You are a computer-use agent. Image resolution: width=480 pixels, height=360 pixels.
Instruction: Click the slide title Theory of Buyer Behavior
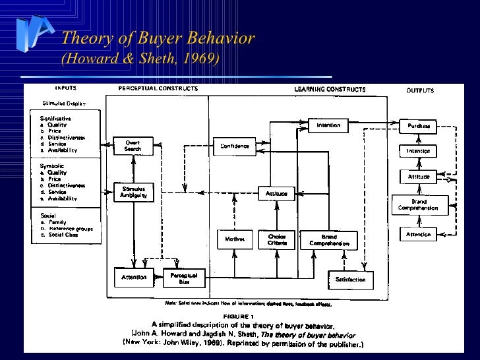pyautogui.click(x=158, y=38)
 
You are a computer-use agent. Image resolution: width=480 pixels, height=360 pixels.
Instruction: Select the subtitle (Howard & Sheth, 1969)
pyautogui.click(x=140, y=59)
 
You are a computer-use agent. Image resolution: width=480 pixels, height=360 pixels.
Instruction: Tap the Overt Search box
pyautogui.click(x=133, y=146)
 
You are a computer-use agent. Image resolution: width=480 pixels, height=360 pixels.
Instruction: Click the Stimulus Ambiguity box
pyautogui.click(x=133, y=192)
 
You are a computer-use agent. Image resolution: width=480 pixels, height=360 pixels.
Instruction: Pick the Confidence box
pyautogui.click(x=234, y=146)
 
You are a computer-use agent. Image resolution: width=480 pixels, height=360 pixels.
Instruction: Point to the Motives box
pyautogui.click(x=234, y=239)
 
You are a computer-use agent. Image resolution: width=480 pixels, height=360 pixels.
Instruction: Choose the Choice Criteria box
pyautogui.click(x=276, y=239)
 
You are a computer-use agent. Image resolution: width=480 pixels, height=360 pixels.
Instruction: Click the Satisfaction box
pyautogui.click(x=350, y=280)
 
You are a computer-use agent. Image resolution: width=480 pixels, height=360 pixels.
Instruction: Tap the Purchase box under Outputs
pyautogui.click(x=418, y=125)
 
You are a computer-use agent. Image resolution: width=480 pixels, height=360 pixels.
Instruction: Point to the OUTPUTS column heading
pyautogui.click(x=419, y=90)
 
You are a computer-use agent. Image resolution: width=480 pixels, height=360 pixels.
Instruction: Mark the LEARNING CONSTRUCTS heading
pyautogui.click(x=329, y=89)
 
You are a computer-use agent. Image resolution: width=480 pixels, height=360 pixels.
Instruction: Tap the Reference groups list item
pyautogui.click(x=70, y=228)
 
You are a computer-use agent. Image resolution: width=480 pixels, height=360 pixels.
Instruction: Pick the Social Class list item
pyautogui.click(x=63, y=235)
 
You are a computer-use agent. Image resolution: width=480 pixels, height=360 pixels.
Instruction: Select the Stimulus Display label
pyautogui.click(x=64, y=104)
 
